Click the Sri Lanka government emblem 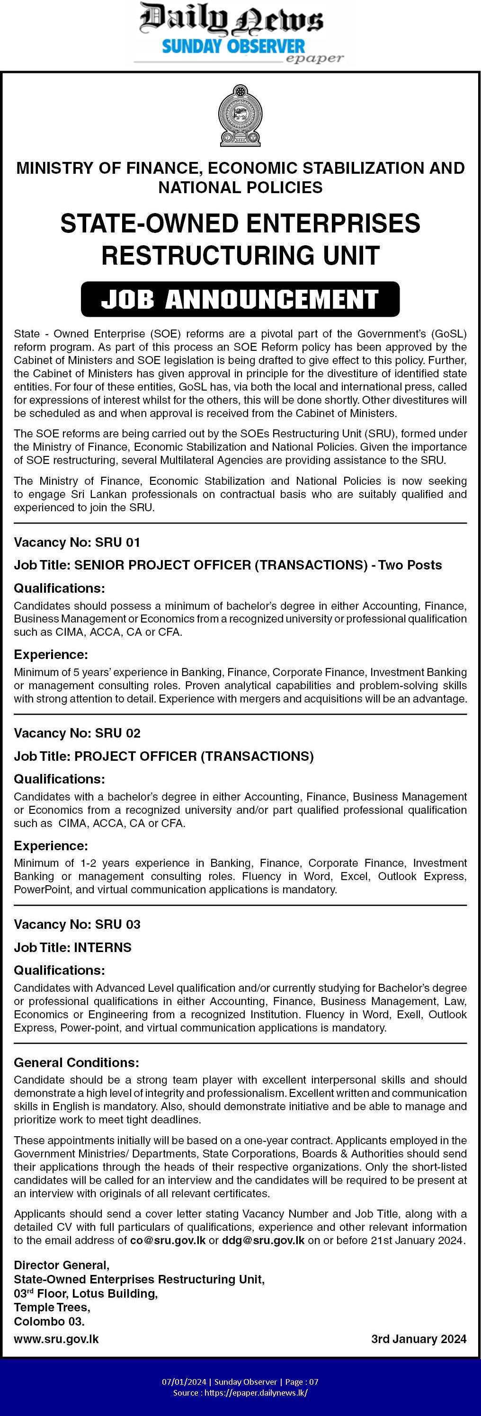(240, 116)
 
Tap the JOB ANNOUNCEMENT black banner (240, 299)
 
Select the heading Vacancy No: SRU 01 (77, 542)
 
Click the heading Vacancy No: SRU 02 (77, 733)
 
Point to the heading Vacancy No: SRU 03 (77, 924)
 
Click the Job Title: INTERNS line (72, 947)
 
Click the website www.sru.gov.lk (56, 1339)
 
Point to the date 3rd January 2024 (419, 1339)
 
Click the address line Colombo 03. (49, 1321)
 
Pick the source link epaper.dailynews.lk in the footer (256, 1392)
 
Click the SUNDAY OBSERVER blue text (233, 47)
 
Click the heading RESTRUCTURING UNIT (240, 255)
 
